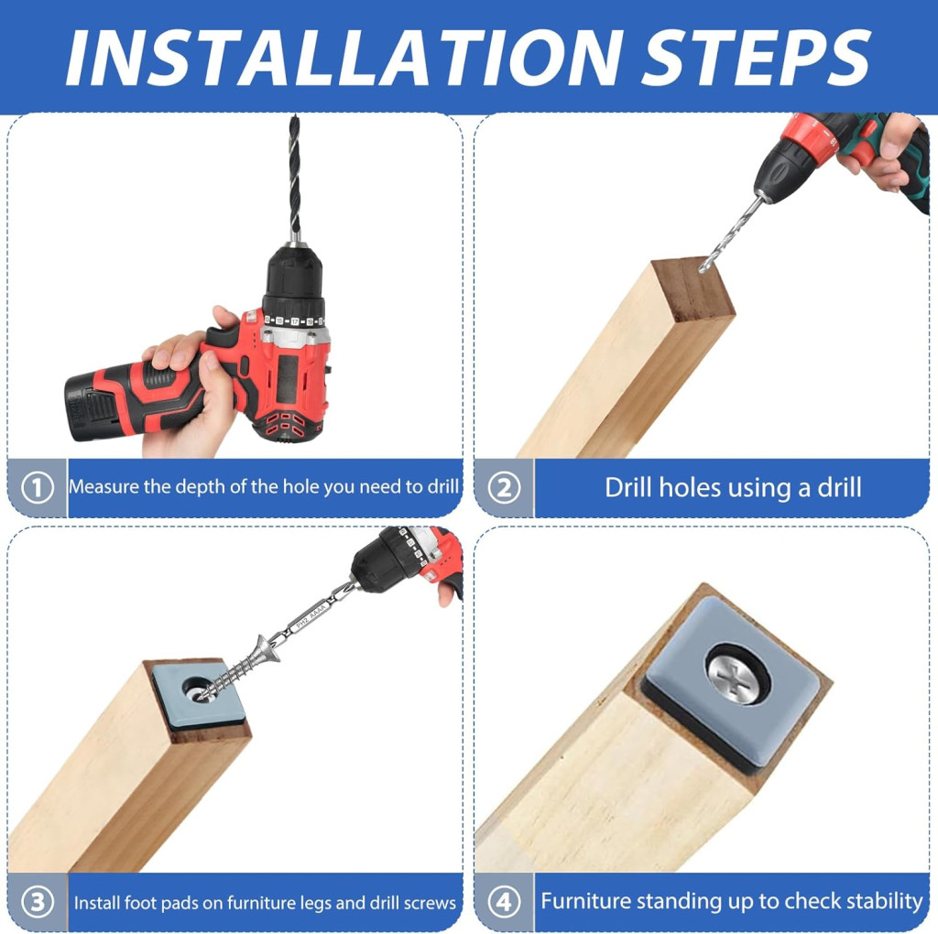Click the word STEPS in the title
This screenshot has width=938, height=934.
coord(756,58)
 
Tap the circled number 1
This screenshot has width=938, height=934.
coord(37,487)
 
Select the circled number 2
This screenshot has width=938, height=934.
coord(504,487)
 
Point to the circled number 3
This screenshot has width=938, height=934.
coord(37,902)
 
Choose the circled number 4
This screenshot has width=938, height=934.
coord(504,902)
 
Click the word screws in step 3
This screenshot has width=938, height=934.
coord(431,903)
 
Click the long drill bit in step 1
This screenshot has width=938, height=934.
coord(294,179)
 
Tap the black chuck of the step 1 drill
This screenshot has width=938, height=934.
coord(294,276)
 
